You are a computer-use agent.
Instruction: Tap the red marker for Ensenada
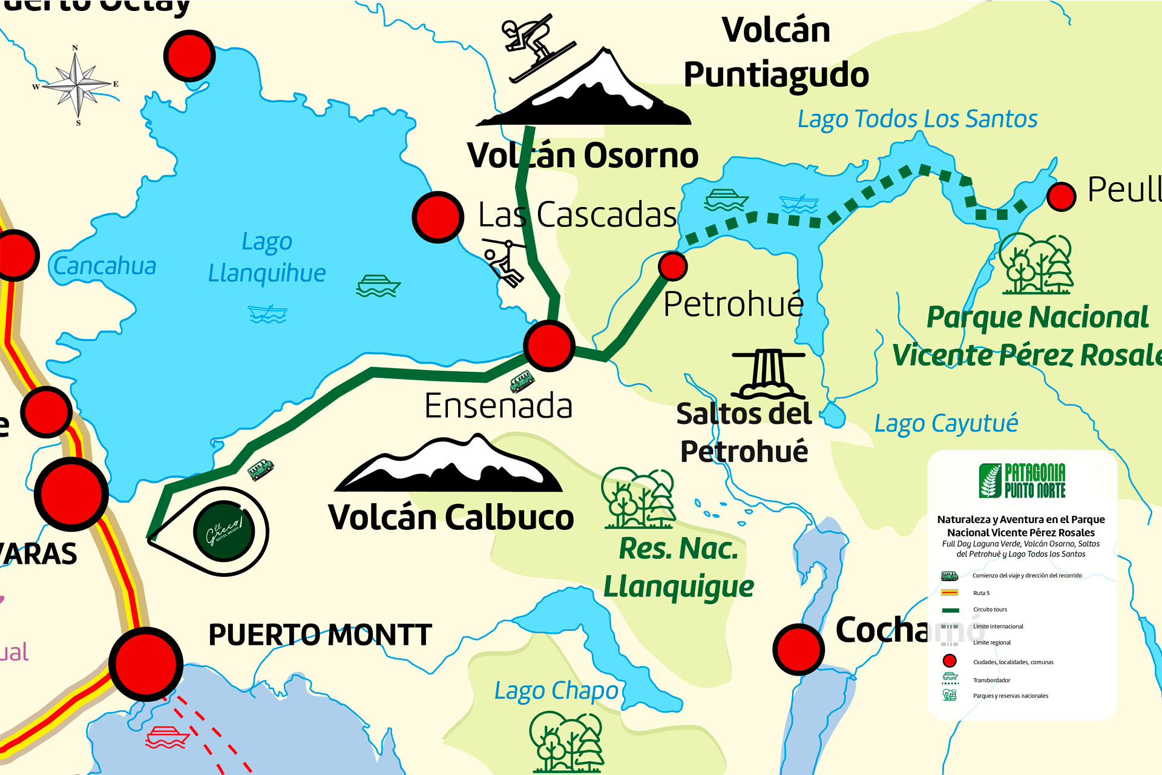[x=549, y=346]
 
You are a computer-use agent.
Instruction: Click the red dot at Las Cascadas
[x=438, y=217]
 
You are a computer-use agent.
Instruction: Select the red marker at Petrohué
[x=672, y=266]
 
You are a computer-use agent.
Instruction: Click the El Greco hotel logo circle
[x=225, y=531]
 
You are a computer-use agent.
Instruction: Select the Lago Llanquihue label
[x=267, y=258]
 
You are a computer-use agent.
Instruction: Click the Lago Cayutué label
[x=945, y=423]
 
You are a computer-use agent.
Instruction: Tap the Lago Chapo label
[x=556, y=691]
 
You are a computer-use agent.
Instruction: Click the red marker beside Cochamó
[x=798, y=649]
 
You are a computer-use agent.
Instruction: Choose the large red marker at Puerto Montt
[x=146, y=664]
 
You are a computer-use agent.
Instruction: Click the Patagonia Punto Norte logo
[x=1022, y=481]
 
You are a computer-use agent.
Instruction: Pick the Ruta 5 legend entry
[x=980, y=593]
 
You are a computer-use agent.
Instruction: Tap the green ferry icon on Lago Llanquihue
[x=378, y=286]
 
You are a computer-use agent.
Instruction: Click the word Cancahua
[x=105, y=266]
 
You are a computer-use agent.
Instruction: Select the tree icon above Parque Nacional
[x=1036, y=264]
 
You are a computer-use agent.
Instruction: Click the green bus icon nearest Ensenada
[x=522, y=381]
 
